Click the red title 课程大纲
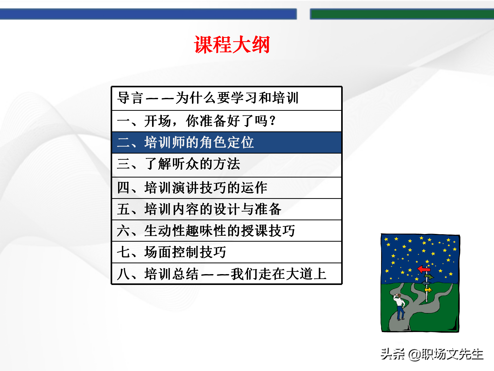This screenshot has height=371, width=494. [232, 45]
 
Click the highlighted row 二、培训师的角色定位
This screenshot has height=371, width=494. [226, 142]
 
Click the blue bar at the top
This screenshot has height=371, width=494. [148, 14]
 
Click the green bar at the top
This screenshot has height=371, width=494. [401, 14]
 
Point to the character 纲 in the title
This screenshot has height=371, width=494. [261, 45]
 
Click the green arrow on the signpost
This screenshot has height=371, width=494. [429, 277]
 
